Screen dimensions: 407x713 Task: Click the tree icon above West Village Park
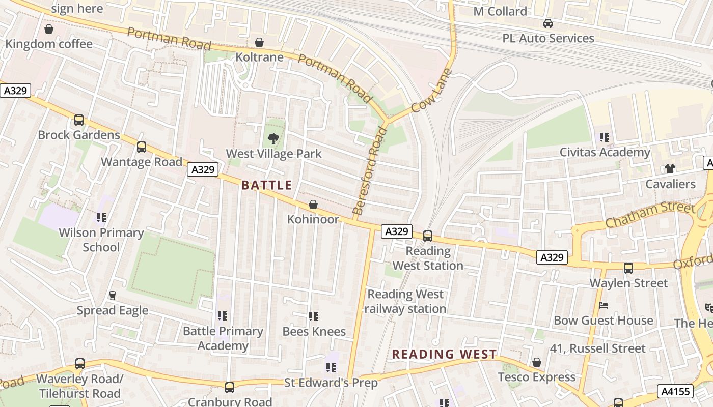[x=273, y=138]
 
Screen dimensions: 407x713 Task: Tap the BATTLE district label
[x=267, y=185]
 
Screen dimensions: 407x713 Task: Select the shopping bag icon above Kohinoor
[x=313, y=205]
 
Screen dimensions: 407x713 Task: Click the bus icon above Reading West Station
[x=428, y=236]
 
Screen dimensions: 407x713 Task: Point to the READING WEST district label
[x=444, y=354]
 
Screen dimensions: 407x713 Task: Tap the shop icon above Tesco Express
[x=536, y=362]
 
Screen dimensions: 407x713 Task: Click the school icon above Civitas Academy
[x=605, y=137]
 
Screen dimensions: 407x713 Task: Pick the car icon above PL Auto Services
[x=548, y=23]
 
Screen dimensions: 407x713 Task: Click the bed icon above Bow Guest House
[x=604, y=305]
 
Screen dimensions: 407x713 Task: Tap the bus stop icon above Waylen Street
[x=628, y=268]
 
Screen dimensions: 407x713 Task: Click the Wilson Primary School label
[x=101, y=240]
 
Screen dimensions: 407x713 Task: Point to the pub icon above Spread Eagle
[x=113, y=296]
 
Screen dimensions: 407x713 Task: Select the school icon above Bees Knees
[x=314, y=316]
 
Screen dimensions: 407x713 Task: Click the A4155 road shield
[x=676, y=391]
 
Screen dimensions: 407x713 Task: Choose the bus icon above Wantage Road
[x=142, y=147]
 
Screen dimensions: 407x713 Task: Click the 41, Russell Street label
[x=597, y=348]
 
